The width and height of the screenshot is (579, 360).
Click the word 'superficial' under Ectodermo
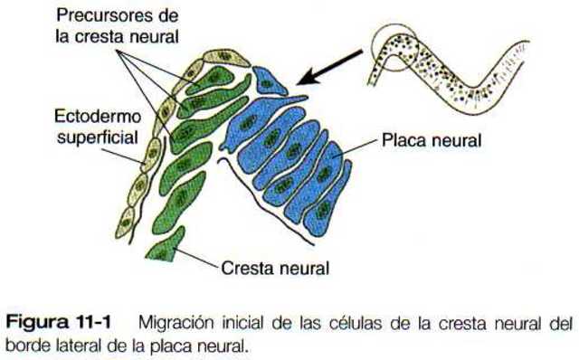94,137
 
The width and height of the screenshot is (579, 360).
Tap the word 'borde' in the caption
24,345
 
